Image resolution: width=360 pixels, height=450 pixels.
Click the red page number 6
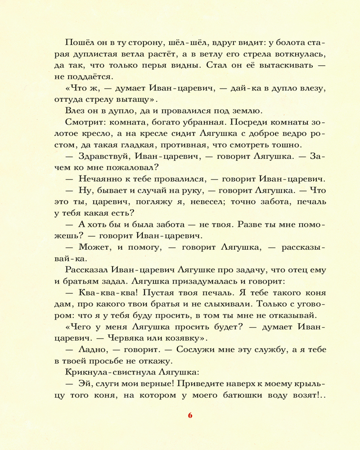[190, 415]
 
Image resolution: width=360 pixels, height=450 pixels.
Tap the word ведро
[285, 133]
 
